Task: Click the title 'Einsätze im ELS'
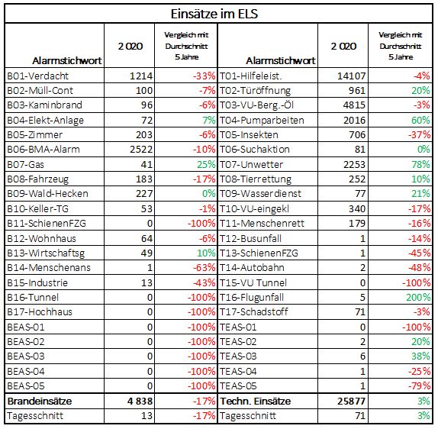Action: [x=214, y=14]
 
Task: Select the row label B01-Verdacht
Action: [x=37, y=76]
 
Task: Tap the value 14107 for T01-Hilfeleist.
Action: [x=351, y=76]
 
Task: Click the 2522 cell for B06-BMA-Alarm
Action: [x=141, y=150]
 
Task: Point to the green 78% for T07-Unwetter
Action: [x=420, y=164]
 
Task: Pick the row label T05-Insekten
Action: [x=249, y=134]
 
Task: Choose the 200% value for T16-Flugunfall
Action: [x=418, y=297]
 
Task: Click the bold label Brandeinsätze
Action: [x=40, y=401]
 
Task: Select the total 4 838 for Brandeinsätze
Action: [x=140, y=401]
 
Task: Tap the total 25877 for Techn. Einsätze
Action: [x=351, y=401]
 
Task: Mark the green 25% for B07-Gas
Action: [x=206, y=164]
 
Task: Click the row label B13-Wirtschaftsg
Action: [x=46, y=253]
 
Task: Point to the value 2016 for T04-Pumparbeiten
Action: [x=354, y=120]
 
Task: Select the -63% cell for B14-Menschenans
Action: [x=205, y=267]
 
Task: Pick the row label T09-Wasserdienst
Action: [x=260, y=193]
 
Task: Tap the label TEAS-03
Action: [x=238, y=356]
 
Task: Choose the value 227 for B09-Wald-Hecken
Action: [x=144, y=193]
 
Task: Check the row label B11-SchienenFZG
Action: [x=47, y=224]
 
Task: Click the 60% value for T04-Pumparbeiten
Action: [x=420, y=120]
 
